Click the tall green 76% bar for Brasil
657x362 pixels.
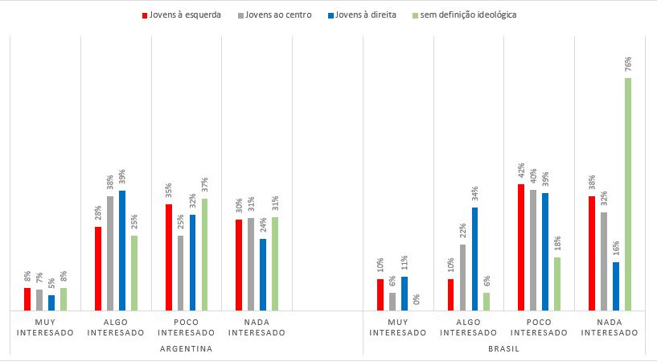point(628,194)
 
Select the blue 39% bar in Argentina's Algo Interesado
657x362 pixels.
point(122,250)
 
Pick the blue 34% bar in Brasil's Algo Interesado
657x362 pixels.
point(474,258)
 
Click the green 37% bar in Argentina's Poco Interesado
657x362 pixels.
point(204,254)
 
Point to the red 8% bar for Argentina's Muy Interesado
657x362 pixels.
point(27,299)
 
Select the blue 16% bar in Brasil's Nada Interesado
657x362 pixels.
point(616,286)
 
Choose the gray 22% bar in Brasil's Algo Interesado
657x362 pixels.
point(463,277)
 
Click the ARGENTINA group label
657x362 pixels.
point(186,349)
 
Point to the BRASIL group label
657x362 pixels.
point(503,349)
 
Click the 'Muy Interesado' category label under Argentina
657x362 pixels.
point(45,327)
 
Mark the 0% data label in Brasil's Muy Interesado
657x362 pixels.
point(417,299)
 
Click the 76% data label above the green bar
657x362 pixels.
point(627,64)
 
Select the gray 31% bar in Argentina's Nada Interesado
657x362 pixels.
point(251,264)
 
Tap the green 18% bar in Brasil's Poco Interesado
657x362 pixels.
point(557,283)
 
